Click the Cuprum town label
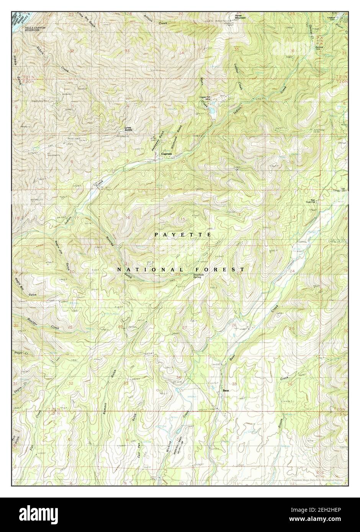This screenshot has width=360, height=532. [x=167, y=154]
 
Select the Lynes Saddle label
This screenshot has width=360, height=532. [x=128, y=129]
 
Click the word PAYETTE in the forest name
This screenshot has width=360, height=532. [x=183, y=234]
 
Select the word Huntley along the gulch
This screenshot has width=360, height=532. [x=109, y=244]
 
